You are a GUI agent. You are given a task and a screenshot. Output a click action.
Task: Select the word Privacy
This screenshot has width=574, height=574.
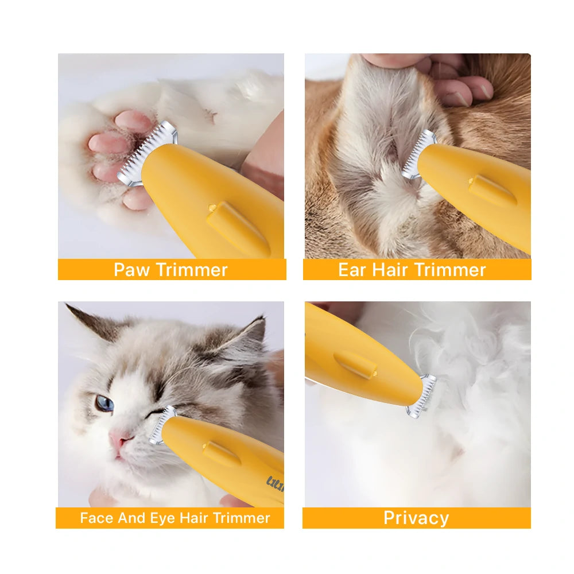coord(416,518)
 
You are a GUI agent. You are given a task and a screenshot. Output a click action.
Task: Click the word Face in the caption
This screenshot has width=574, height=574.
coord(96,518)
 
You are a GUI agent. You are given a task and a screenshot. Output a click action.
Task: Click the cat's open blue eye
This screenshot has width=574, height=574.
coord(104,403)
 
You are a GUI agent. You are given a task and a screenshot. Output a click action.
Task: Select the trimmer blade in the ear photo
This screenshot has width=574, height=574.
coord(418,154)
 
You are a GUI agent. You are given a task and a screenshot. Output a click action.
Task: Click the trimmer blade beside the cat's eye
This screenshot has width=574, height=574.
coord(157,425)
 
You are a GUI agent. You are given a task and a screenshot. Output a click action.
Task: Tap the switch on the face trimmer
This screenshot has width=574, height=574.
coord(220,453)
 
